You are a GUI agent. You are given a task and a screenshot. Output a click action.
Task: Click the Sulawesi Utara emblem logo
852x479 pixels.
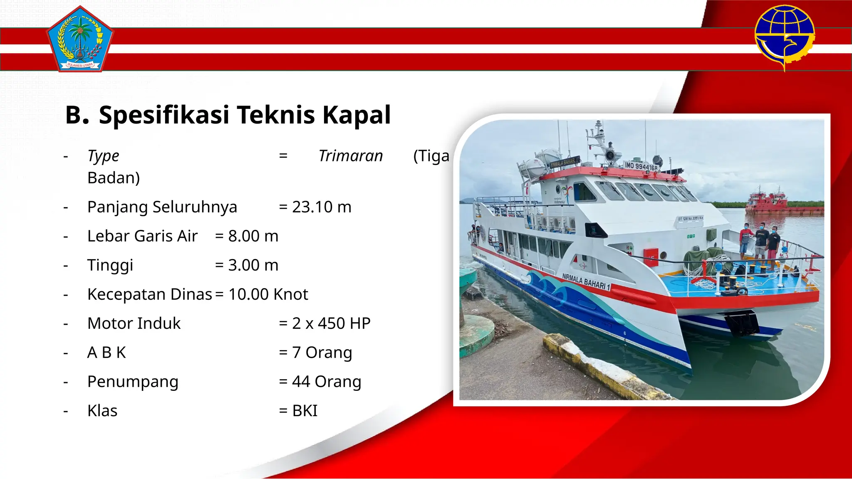coord(80,39)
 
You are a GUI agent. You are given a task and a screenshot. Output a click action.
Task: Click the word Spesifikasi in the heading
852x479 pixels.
coord(164,115)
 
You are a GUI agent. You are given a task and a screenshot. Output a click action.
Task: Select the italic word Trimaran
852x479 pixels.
coord(350,156)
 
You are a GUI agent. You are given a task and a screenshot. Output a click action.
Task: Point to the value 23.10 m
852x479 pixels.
coord(321,207)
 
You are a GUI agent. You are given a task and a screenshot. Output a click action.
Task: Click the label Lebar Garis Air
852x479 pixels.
coord(142,236)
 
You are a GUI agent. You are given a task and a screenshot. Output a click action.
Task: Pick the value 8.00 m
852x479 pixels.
coord(253,236)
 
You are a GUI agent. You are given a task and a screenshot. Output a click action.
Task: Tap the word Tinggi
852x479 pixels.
coord(110,265)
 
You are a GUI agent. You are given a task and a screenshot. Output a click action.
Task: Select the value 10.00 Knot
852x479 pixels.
coord(268,294)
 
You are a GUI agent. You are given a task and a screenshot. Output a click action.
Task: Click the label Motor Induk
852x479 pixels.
coord(134,323)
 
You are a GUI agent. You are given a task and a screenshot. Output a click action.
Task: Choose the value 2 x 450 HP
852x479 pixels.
coord(331,323)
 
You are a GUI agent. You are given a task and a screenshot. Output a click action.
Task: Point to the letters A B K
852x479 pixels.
coord(106,353)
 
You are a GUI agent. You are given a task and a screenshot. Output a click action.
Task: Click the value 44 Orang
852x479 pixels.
coord(326,382)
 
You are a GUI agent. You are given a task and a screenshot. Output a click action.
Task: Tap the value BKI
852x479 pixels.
coord(305,411)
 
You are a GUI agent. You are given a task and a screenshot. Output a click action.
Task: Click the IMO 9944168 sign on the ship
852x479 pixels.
coord(641,166)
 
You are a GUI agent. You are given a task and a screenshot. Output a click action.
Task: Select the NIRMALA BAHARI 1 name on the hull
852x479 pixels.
coord(586,281)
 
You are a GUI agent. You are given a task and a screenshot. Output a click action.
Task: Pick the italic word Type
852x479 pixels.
coord(103,156)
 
